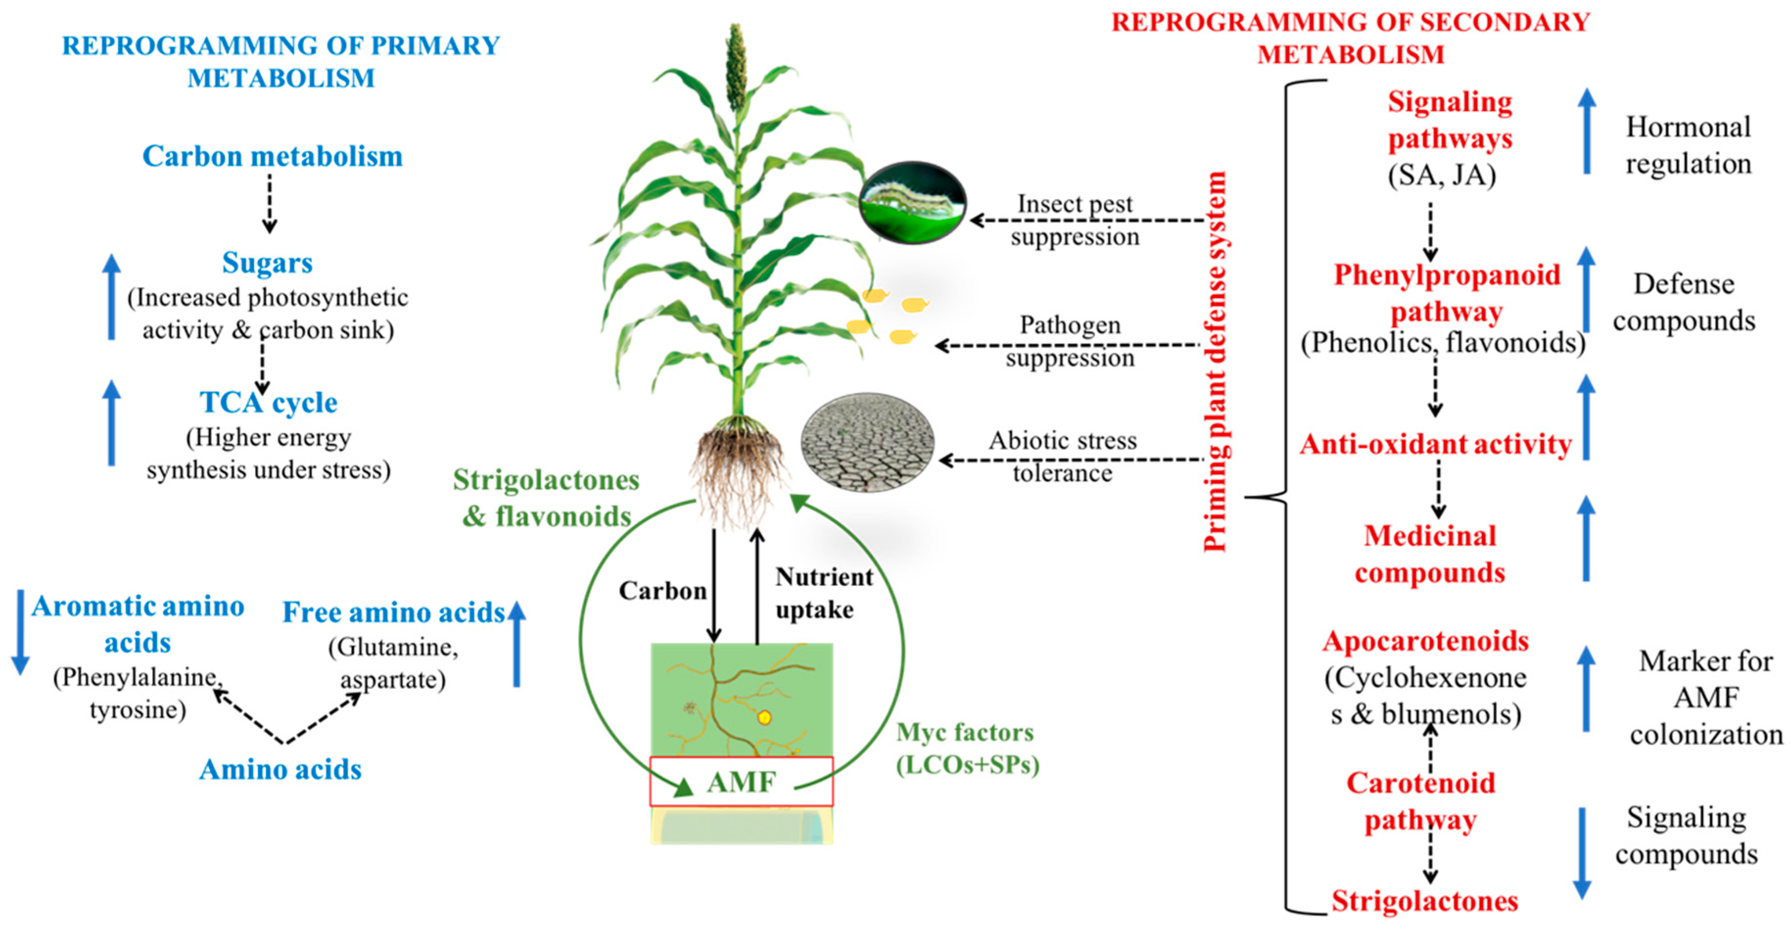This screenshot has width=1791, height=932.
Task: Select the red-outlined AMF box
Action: point(741,781)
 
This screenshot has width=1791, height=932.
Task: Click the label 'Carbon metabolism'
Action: point(273,157)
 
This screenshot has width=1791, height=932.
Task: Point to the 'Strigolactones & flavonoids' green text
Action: point(546,498)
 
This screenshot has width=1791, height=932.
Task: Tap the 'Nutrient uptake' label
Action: point(823,593)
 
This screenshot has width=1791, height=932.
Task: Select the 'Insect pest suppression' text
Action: point(1075,220)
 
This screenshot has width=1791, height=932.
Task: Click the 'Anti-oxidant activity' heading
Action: point(1436,444)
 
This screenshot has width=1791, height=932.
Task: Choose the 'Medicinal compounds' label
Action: point(1429,554)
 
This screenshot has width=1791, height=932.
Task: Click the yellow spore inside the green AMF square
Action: point(765,717)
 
